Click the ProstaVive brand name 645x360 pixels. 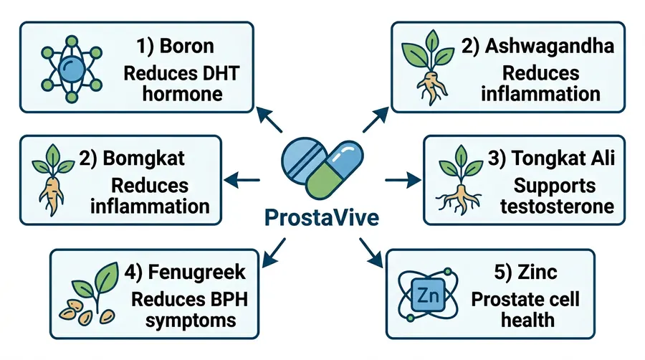(x=321, y=216)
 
